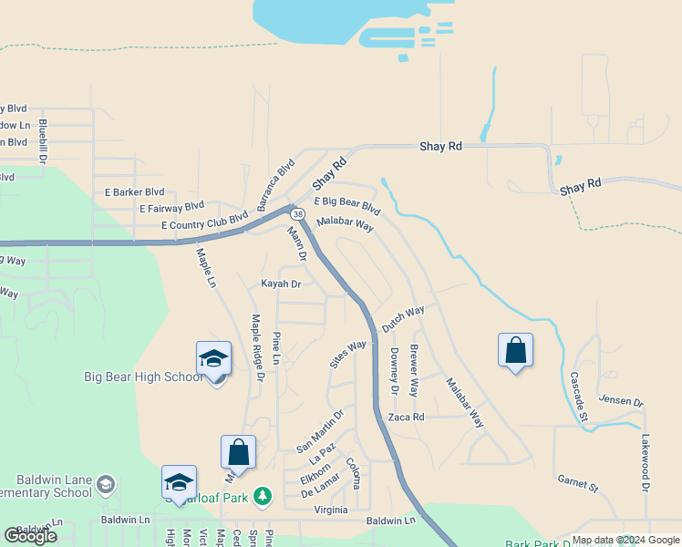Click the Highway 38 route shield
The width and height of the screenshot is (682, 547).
298,213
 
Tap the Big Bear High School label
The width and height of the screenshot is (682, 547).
143,377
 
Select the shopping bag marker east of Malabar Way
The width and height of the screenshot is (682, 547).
515,351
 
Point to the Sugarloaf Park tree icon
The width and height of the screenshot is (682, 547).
263,495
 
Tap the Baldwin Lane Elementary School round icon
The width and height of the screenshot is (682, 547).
107,483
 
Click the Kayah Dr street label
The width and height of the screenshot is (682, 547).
281,284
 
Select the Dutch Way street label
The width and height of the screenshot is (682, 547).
403,319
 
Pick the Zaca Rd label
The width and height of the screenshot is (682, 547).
407,417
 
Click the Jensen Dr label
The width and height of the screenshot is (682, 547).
621,400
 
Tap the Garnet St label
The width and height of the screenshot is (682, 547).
577,483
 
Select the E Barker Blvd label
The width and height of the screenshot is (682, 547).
134,192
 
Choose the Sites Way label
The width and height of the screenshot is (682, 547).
347,353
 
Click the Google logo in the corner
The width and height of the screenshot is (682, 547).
31,536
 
